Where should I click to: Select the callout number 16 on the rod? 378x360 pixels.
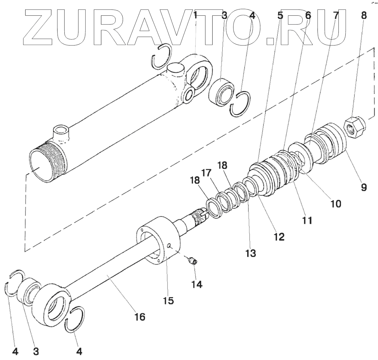click(x=139, y=316)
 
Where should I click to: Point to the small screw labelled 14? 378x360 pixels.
click(x=193, y=261)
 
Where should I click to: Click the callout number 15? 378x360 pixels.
click(x=169, y=300)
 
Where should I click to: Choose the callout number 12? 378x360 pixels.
click(x=279, y=236)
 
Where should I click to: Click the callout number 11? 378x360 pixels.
click(x=307, y=220)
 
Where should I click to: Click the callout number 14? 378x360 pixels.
click(x=197, y=284)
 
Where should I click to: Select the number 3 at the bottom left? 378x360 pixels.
click(x=36, y=351)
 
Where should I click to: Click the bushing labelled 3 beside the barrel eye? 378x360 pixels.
click(x=222, y=91)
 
